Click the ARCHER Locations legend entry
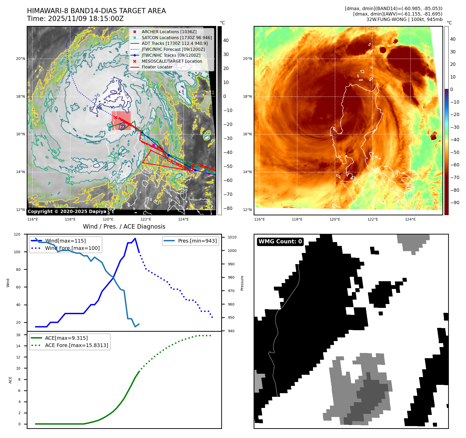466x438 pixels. pyautogui.click(x=169, y=32)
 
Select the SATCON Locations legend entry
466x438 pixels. pyautogui.click(x=177, y=38)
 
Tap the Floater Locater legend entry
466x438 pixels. pyautogui.click(x=157, y=67)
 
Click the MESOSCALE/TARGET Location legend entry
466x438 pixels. pyautogui.click(x=172, y=61)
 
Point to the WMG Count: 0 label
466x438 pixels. pyautogui.click(x=280, y=242)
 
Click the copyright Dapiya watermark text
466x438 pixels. pyautogui.click(x=67, y=211)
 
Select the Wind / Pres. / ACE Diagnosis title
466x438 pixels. pyautogui.click(x=124, y=227)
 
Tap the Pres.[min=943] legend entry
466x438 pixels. pyautogui.click(x=197, y=241)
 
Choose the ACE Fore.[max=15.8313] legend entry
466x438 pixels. pyautogui.click(x=76, y=345)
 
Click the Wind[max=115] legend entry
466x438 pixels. pyautogui.click(x=65, y=241)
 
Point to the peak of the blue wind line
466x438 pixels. pyautogui.click(x=135, y=238)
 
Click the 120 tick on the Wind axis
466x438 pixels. pyautogui.click(x=17, y=234)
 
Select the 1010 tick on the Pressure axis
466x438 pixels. pyautogui.click(x=232, y=237)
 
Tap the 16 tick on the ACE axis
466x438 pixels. pyautogui.click(x=18, y=335)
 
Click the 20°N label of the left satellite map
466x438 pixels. pyautogui.click(x=20, y=59)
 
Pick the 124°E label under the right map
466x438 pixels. pyautogui.click(x=410, y=220)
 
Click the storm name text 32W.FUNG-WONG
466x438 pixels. pyautogui.click(x=386, y=19)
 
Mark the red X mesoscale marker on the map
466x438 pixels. pyautogui.click(x=115, y=117)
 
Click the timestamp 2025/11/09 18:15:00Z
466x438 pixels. pyautogui.click(x=86, y=19)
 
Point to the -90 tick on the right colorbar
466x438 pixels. pyautogui.click(x=455, y=203)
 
